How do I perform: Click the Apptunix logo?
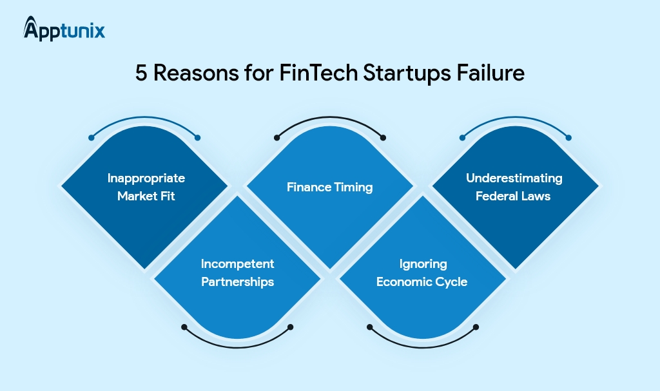pyautogui.click(x=64, y=29)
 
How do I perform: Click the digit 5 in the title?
pyautogui.click(x=141, y=73)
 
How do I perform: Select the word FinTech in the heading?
pyautogui.click(x=318, y=73)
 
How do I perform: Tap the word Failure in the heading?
pyautogui.click(x=490, y=73)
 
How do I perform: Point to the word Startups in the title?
pyautogui.click(x=407, y=73)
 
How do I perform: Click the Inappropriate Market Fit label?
pyautogui.click(x=146, y=187)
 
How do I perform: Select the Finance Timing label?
pyautogui.click(x=329, y=187)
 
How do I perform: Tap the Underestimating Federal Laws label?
pyautogui.click(x=514, y=187)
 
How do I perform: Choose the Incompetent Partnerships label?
pyautogui.click(x=237, y=272)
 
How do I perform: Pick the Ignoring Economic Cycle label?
pyautogui.click(x=422, y=272)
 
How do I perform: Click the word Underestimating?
pyautogui.click(x=514, y=178)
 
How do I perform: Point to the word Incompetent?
pyautogui.click(x=237, y=264)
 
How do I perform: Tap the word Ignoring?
pyautogui.click(x=423, y=264)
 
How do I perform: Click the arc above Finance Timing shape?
pyautogui.click(x=330, y=117)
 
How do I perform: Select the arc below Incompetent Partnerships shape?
pyautogui.click(x=237, y=347)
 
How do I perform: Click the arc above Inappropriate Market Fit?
pyautogui.click(x=144, y=117)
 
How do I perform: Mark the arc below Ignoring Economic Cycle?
pyautogui.click(x=423, y=347)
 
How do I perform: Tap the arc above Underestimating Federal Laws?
pyautogui.click(x=515, y=117)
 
